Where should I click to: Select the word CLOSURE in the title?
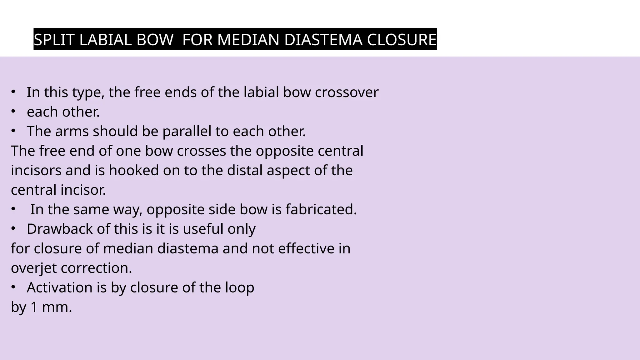[401, 40]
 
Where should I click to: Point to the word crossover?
[347, 92]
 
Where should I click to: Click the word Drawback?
[60, 229]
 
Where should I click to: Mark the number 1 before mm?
[34, 307]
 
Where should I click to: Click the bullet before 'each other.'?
[13, 112]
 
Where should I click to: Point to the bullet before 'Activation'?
[13, 287]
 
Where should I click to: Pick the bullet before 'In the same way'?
[13, 209]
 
